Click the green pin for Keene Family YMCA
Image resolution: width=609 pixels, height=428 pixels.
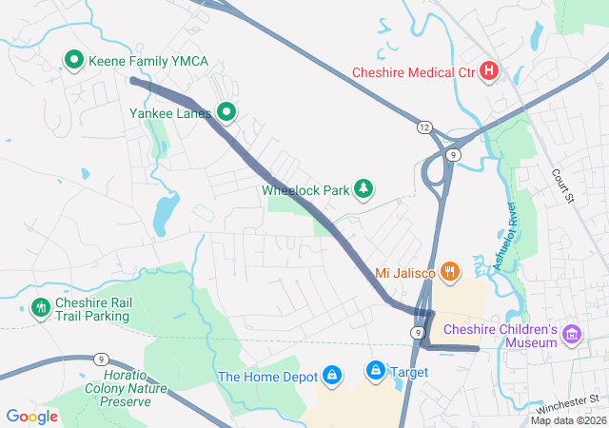click(x=74, y=61)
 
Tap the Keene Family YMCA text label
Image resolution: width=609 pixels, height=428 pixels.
click(x=147, y=62)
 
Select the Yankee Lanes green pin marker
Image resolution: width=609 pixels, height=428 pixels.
click(x=226, y=112)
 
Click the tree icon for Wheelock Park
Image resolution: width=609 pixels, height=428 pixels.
click(x=363, y=189)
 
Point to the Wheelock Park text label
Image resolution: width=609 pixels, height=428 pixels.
click(x=305, y=190)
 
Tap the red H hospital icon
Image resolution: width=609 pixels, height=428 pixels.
click(x=489, y=71)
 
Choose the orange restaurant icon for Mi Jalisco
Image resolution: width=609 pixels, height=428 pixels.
click(x=450, y=273)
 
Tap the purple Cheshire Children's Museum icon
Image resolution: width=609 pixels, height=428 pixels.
click(x=571, y=334)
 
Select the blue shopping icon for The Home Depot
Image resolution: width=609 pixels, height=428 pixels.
click(x=332, y=376)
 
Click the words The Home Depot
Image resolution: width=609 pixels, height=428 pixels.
click(x=266, y=377)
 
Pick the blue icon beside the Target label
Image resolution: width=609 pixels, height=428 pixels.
click(x=376, y=370)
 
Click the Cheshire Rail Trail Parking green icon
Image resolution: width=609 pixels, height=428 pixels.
click(x=40, y=308)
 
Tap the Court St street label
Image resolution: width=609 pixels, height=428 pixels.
click(x=565, y=186)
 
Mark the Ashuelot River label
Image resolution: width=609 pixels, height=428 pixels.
click(x=504, y=237)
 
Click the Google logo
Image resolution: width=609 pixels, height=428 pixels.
click(x=32, y=416)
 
